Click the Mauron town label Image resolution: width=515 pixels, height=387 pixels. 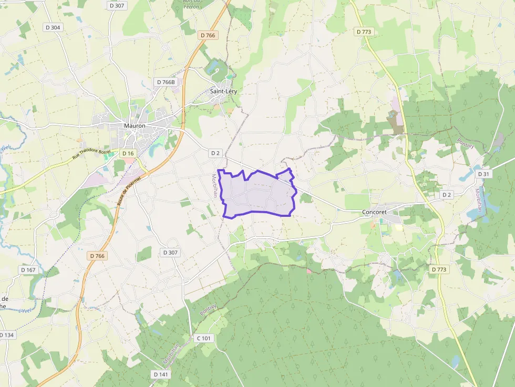(135, 126)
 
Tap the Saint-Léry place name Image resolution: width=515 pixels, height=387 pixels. (223, 91)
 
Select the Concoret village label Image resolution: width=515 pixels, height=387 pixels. (374, 212)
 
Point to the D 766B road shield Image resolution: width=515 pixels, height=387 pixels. (166, 82)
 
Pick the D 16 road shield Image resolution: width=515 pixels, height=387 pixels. (128, 153)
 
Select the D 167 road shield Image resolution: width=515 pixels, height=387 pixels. (28, 270)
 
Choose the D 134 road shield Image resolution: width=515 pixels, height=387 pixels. (7, 335)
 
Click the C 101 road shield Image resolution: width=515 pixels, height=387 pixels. (203, 338)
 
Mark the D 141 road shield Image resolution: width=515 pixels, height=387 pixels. (161, 374)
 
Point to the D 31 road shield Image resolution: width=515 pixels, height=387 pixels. (483, 174)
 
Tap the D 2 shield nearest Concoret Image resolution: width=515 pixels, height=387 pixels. (446, 195)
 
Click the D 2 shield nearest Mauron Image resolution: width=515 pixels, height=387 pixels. (214, 153)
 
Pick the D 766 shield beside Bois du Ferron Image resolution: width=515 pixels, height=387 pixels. (208, 35)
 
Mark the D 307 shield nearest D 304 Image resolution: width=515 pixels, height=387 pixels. (117, 5)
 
